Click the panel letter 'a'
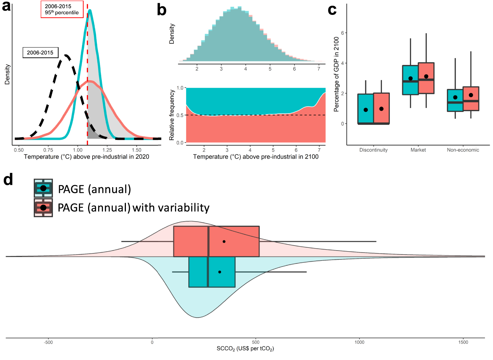6,6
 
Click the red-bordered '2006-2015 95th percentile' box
62,9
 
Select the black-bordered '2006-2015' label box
40,53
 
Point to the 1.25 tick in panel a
107,150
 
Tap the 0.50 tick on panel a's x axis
19,150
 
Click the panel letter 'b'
162,10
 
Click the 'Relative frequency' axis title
172,115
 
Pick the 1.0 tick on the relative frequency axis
180,88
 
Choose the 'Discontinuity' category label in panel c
373,150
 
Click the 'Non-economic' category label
463,150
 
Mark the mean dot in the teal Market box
410,79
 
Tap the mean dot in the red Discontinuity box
381,109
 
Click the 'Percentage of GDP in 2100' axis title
336,74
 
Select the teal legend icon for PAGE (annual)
43,188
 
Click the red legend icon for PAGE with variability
43,208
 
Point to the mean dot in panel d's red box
224,242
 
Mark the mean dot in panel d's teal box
220,272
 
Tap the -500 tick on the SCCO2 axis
48,342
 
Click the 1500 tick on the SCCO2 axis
463,342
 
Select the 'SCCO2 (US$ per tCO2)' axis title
245,349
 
